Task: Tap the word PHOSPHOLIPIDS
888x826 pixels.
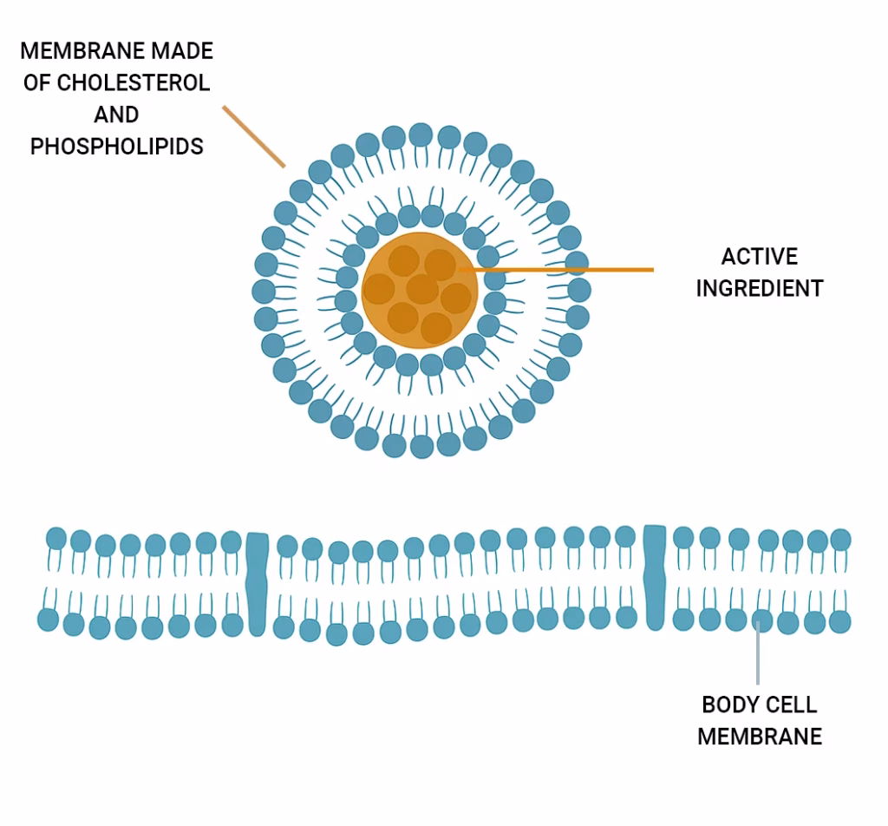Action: click(x=116, y=146)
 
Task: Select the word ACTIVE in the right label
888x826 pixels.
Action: click(x=759, y=257)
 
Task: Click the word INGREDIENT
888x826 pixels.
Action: click(x=759, y=289)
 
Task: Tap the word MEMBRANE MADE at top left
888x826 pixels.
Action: click(x=116, y=50)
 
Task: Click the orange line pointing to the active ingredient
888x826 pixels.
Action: click(x=564, y=270)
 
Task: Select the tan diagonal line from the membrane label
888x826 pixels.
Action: click(x=253, y=136)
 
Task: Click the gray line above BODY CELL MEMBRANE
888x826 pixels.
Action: click(x=759, y=659)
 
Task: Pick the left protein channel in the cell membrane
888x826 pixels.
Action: click(x=257, y=583)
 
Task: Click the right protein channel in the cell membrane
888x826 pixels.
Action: click(x=656, y=577)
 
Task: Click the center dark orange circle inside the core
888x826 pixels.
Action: click(x=422, y=290)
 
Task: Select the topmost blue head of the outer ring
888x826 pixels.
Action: click(x=421, y=134)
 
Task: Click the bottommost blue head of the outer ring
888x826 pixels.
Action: click(x=421, y=447)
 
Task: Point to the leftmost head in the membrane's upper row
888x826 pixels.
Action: click(x=56, y=538)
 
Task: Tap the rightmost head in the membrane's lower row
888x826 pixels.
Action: click(x=840, y=621)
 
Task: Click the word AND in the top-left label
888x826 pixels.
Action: click(x=116, y=115)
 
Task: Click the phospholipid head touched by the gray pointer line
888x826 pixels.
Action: click(x=762, y=619)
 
